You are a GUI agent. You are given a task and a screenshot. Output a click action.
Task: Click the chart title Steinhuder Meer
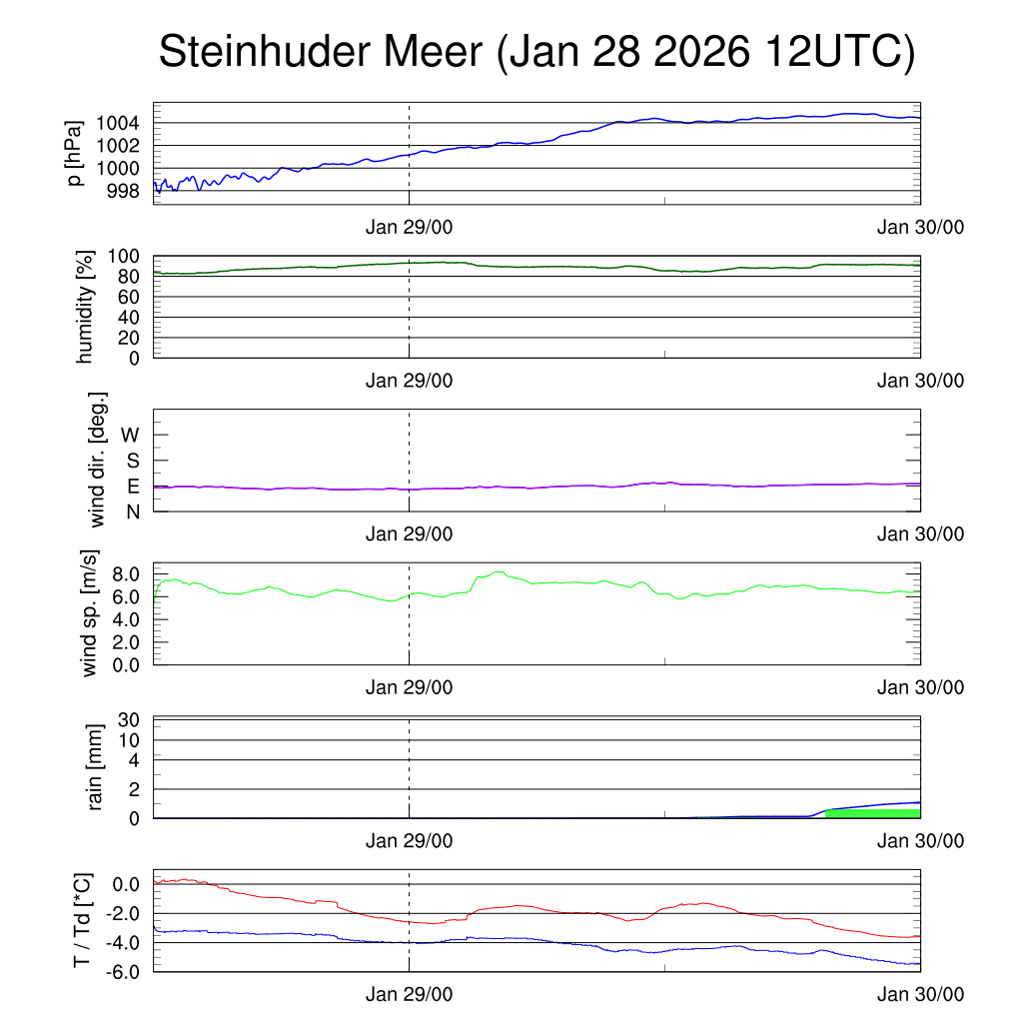pyautogui.click(x=535, y=52)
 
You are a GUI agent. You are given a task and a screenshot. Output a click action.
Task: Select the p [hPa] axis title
pyautogui.click(x=74, y=152)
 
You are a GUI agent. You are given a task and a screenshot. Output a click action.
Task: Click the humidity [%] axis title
pyautogui.click(x=86, y=306)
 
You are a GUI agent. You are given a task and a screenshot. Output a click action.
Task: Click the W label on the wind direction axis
pyautogui.click(x=130, y=435)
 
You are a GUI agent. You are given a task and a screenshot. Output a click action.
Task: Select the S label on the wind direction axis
pyautogui.click(x=132, y=461)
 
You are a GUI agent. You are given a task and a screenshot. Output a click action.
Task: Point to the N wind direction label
pyautogui.click(x=132, y=511)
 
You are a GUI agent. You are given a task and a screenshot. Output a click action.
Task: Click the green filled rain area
pyautogui.click(x=872, y=813)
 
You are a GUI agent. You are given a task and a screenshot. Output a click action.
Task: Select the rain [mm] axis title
pyautogui.click(x=96, y=766)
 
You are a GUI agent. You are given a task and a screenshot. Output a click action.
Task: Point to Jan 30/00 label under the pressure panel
pyautogui.click(x=920, y=227)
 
